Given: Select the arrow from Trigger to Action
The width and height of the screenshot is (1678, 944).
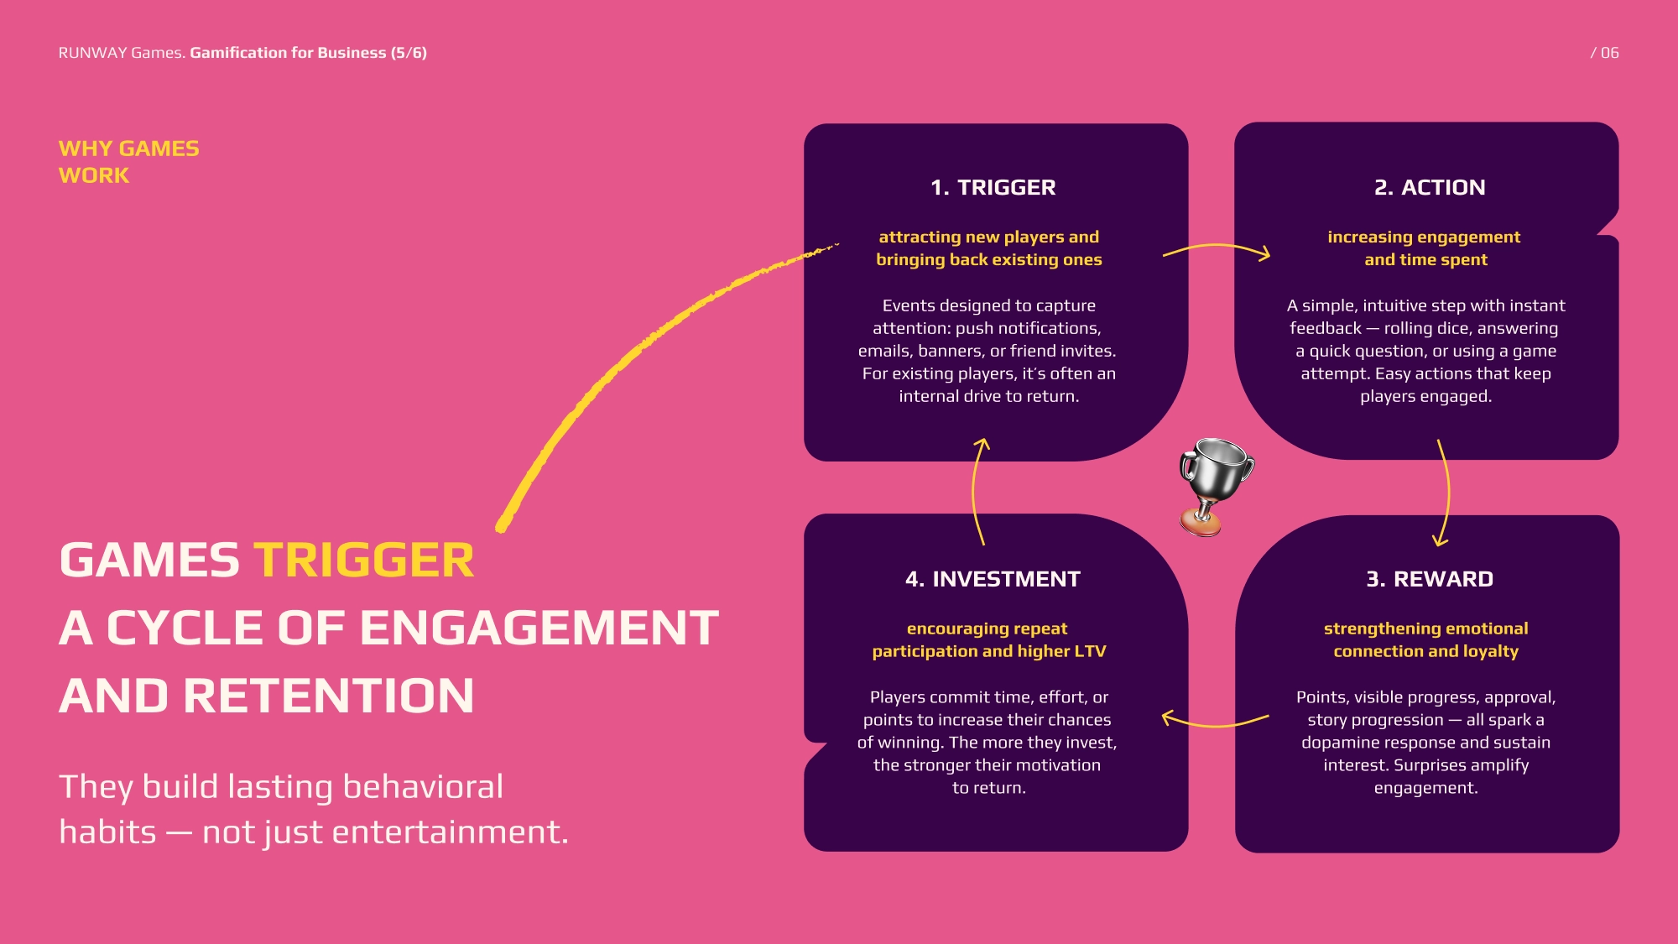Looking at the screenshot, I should pos(1217,248).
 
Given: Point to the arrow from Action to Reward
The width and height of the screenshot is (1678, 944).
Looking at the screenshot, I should pos(1446,493).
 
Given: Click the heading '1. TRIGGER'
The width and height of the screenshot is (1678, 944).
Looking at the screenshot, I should pos(993,187).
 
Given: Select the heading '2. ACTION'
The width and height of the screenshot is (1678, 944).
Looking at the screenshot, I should pos(1429,187).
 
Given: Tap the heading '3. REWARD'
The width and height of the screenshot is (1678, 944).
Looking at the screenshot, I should pos(1429,579).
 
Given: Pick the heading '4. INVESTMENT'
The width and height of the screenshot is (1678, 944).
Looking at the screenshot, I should pos(993,579).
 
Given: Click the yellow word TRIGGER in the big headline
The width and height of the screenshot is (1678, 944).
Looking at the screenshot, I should pos(363,561).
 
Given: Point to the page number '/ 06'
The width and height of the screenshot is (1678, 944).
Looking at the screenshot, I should pos(1604,53).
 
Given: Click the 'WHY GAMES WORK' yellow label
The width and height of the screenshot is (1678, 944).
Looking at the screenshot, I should pos(128,162).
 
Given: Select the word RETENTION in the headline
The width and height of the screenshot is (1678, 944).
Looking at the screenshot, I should pos(328,696).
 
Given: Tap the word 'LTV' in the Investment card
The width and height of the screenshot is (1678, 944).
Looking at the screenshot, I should pos(1090,651).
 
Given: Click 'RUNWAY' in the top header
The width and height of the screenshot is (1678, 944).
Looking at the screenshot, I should pos(92,53).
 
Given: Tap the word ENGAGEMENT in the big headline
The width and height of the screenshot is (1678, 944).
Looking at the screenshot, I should pos(539,628).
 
